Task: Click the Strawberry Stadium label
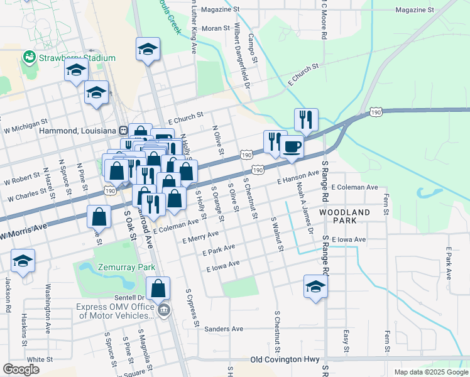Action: pos(77,58)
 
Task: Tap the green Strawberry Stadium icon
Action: pos(29,58)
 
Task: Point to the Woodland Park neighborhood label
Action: pos(345,216)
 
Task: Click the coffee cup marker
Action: pos(290,146)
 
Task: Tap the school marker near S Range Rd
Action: pos(315,287)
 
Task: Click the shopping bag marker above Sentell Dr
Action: pos(159,288)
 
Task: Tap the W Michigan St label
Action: pos(26,121)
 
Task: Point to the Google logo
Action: pos(21,369)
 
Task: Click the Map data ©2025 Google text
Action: pos(430,372)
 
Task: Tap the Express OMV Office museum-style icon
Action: pos(164,309)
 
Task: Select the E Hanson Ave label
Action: pos(298,177)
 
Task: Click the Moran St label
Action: pos(216,28)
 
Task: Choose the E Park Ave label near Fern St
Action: pos(449,263)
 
